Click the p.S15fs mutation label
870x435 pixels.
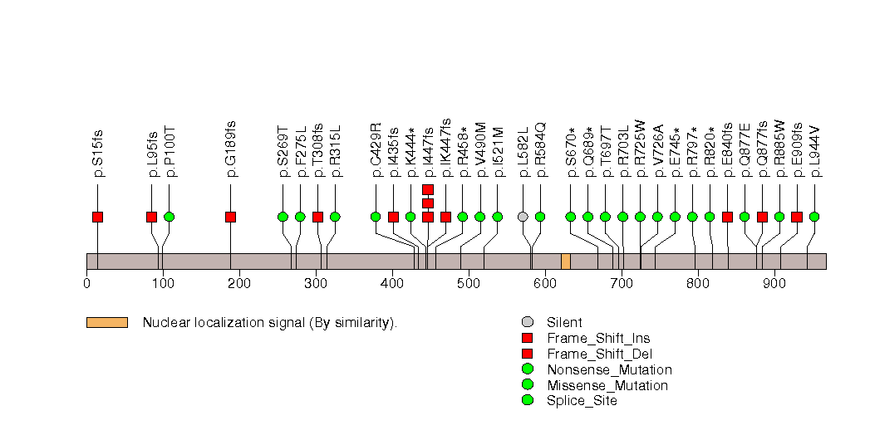tap(98, 154)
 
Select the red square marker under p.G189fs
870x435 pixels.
tap(230, 217)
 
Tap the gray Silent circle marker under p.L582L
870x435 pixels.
tap(523, 217)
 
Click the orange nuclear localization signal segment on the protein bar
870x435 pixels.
tap(565, 261)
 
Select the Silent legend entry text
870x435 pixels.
tap(564, 322)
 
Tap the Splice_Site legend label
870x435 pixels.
tap(582, 401)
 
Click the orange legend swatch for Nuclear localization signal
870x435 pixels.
tap(106, 322)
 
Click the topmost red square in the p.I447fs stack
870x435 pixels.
tap(428, 189)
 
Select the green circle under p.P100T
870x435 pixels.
tap(169, 217)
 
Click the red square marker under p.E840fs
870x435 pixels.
tap(727, 217)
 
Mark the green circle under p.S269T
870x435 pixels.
tap(283, 217)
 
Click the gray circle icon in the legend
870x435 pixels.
tap(527, 322)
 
